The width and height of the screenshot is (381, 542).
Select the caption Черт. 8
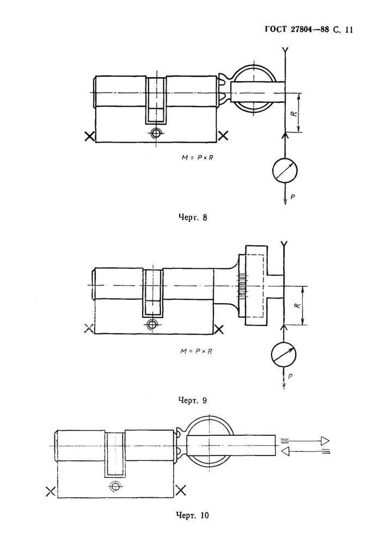[x=193, y=218]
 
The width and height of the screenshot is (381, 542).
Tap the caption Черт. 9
[x=193, y=401]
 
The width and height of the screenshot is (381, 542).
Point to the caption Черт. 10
[x=193, y=515]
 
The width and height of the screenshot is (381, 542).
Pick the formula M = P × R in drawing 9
[x=196, y=351]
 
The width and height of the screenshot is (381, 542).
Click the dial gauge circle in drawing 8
[x=285, y=170]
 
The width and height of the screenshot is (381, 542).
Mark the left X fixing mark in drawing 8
[x=90, y=136]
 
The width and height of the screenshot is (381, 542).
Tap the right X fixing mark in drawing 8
[x=224, y=135]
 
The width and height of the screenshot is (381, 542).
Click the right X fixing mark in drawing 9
[x=218, y=329]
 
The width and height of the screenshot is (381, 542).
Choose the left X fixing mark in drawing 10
[x=51, y=491]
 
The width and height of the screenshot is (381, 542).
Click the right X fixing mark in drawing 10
[x=181, y=490]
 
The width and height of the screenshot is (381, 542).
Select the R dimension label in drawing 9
[x=298, y=306]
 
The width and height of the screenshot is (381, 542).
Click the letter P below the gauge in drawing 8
[x=292, y=197]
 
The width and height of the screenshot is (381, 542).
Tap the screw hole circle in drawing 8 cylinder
[x=156, y=133]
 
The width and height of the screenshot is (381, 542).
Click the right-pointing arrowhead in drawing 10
[x=324, y=441]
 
